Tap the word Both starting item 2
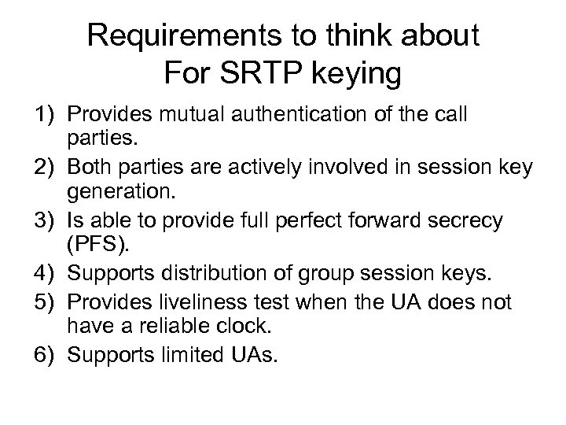pos(90,168)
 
